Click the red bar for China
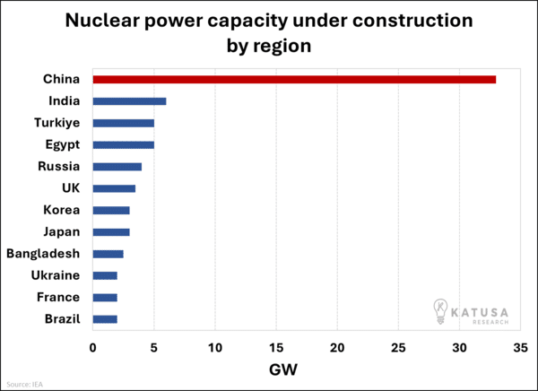294,79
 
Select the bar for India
129,101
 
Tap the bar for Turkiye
123,123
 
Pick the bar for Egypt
123,144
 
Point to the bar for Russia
117,166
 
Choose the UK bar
114,188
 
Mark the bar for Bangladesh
108,254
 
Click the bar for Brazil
105,319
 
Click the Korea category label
62,210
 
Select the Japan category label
62,232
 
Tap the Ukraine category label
56,275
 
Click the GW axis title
283,369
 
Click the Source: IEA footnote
24,384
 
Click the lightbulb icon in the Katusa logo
441,310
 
